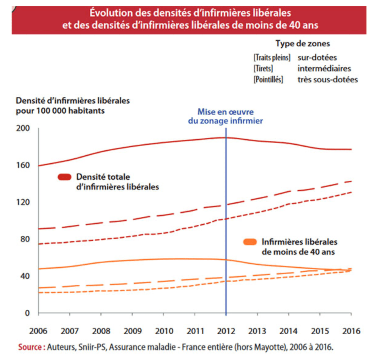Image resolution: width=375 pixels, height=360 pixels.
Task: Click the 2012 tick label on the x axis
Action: (226, 331)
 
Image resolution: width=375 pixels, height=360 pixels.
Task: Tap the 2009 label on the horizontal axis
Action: (132, 331)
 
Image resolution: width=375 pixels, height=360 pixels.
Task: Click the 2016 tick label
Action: (351, 331)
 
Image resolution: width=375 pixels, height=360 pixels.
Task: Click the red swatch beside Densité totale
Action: (64, 177)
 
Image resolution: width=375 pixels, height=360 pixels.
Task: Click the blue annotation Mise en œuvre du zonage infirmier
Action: (226, 116)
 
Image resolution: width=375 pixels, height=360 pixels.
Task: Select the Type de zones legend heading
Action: (302, 44)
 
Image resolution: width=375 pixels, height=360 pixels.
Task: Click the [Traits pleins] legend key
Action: (272, 58)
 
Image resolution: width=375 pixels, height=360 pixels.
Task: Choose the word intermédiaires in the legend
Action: (324, 69)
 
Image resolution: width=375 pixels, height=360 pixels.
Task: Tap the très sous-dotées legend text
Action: (328, 80)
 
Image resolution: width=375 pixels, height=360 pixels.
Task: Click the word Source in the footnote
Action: (30, 347)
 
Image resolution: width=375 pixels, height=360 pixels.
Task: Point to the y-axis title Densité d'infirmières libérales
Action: (73, 101)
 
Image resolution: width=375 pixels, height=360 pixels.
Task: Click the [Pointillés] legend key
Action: (268, 80)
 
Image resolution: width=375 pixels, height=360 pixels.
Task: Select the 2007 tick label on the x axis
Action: (70, 331)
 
